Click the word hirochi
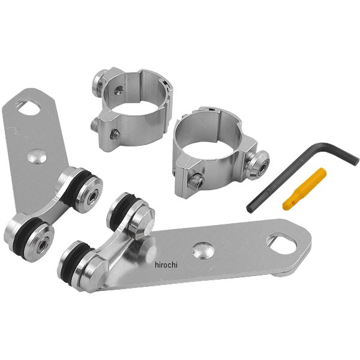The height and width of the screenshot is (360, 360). point(166,265)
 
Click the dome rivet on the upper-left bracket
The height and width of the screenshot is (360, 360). point(37,156)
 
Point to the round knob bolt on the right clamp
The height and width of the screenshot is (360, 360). point(257,164)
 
